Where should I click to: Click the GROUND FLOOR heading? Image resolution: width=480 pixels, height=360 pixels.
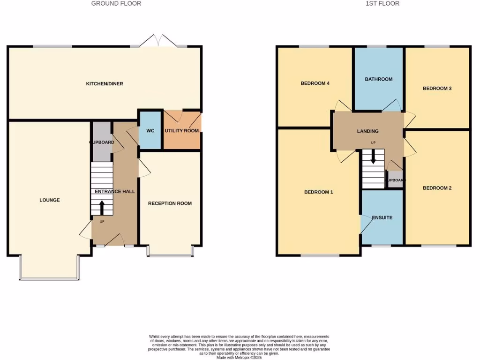point(116,4)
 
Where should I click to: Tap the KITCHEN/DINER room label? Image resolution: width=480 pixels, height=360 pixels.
point(104,84)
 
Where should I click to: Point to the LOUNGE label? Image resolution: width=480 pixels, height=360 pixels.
point(49,200)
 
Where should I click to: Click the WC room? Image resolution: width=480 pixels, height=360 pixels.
point(150,131)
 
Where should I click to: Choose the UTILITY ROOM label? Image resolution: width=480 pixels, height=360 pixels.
point(181,131)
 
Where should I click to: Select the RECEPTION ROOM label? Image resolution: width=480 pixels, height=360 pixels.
point(170,203)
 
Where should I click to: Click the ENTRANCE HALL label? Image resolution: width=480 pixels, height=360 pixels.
point(115,192)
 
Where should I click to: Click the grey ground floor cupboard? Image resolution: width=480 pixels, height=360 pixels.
point(101,141)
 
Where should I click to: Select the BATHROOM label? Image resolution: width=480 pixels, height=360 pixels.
point(378,79)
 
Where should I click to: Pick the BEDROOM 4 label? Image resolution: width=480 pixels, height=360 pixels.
point(315,83)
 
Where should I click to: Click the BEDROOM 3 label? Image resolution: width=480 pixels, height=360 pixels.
point(437,88)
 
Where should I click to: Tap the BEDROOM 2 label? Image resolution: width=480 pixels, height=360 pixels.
point(437,188)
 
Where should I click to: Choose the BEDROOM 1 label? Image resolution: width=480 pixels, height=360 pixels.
point(318,192)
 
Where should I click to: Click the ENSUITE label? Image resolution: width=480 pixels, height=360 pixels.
point(382,217)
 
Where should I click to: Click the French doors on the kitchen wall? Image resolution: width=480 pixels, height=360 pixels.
point(158,41)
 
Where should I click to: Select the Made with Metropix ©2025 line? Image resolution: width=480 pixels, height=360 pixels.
point(239,357)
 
